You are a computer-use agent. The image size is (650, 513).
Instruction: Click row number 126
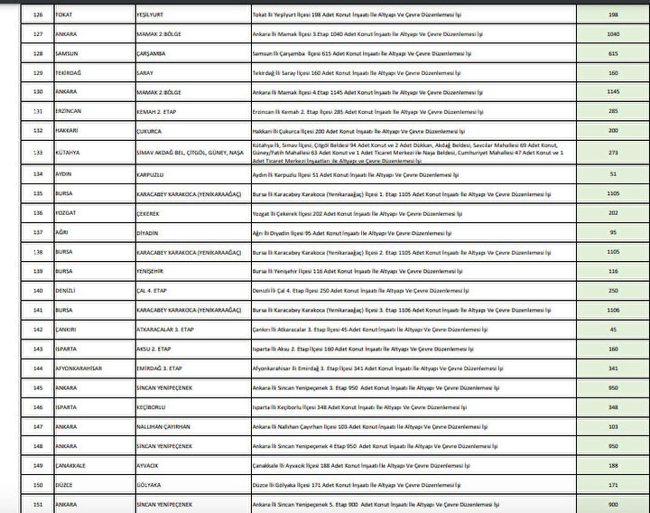pos(38,15)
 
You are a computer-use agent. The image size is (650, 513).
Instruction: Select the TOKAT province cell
pos(65,15)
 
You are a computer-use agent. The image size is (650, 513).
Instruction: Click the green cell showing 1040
pos(613,34)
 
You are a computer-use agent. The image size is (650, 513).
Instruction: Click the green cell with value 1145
pos(613,91)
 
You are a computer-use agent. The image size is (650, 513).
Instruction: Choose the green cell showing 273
pos(613,153)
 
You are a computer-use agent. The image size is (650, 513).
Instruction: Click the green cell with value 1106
pos(613,310)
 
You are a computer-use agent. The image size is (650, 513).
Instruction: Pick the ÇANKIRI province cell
pos(68,329)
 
